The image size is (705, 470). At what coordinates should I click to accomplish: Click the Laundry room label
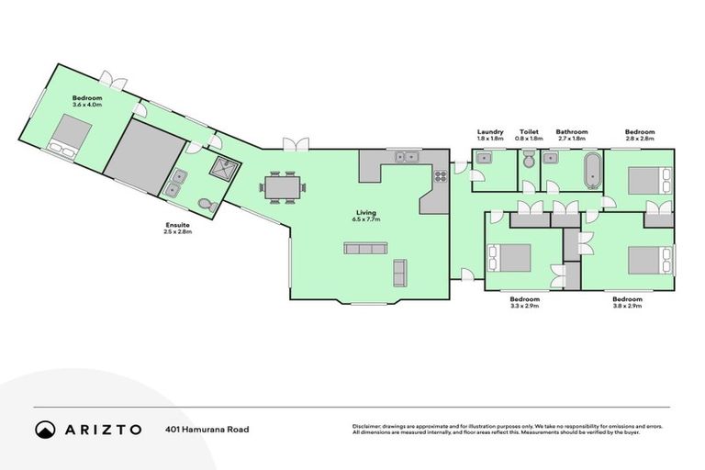pos(490,132)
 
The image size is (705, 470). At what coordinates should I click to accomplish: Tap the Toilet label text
pos(529,132)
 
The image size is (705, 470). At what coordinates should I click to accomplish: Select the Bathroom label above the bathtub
pos(572,132)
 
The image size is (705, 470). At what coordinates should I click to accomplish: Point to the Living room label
pos(366,213)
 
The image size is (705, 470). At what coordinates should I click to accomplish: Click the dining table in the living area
pos(281,186)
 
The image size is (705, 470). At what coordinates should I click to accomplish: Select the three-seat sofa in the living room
pos(360,248)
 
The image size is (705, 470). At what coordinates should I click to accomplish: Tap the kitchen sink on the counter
pos(408,157)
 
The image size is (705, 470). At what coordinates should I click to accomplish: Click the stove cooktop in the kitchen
pos(439,174)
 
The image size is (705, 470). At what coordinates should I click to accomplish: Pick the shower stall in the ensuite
pos(221,167)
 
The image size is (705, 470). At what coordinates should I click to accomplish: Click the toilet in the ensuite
pos(208,206)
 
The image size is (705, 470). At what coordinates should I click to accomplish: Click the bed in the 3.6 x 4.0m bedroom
pos(67,135)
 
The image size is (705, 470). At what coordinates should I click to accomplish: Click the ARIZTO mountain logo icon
pos(44,429)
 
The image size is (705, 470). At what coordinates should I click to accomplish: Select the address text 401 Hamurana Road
pos(207,429)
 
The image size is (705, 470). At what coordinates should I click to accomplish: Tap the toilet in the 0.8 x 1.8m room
pos(528,162)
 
